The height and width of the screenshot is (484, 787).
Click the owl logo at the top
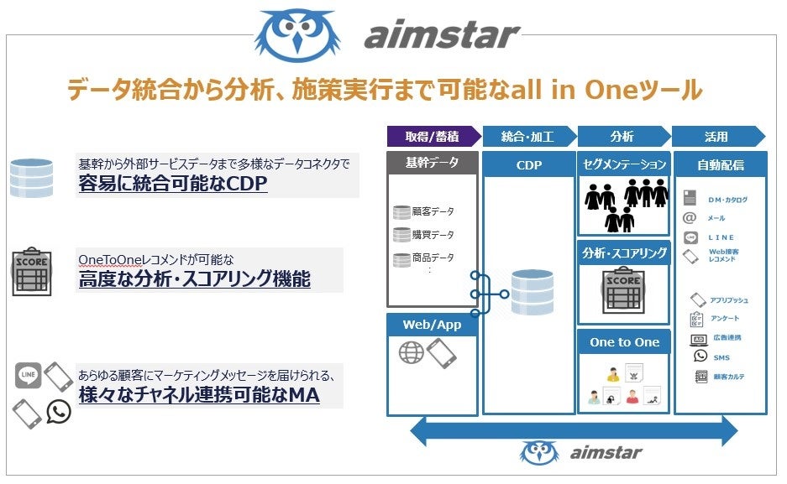coord(299,34)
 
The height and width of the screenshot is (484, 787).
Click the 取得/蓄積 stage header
coord(432,137)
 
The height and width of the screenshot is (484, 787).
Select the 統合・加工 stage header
coord(527,137)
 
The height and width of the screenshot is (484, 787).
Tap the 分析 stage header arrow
coord(622,137)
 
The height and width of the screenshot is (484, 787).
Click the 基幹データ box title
coord(433,163)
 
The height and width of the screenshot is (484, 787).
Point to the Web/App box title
coord(433,325)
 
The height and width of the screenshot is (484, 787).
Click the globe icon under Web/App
coord(412,353)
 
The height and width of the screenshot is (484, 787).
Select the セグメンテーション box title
coord(624,164)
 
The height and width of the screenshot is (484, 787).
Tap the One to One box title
coord(624,342)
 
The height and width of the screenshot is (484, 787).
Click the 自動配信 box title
coord(721,164)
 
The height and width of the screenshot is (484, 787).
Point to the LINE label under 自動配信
coord(721,237)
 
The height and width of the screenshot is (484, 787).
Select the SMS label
coord(721,357)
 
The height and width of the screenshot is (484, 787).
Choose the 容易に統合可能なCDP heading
coord(173,184)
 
